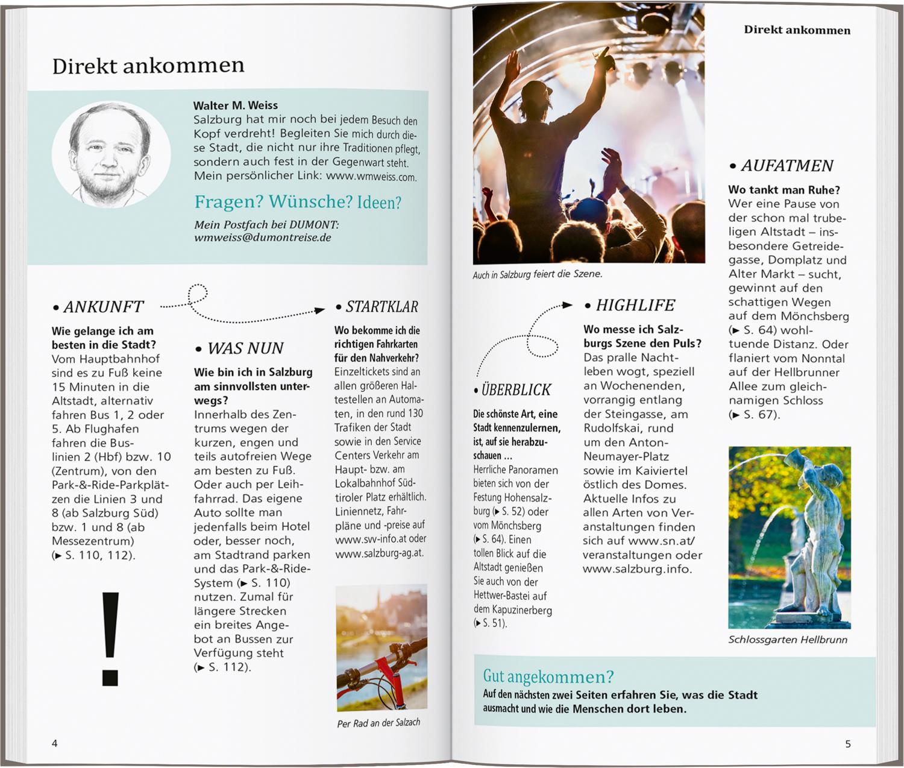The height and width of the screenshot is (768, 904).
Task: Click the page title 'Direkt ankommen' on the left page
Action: coord(148,66)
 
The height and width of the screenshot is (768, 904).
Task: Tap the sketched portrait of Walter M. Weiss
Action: coord(110,154)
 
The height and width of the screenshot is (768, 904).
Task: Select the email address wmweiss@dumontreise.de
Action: coord(263,238)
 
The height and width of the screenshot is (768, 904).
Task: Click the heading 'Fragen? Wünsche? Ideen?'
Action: coord(298,202)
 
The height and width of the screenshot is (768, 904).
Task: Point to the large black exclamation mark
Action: coord(110,639)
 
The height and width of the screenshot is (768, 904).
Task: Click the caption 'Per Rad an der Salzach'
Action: coord(378,723)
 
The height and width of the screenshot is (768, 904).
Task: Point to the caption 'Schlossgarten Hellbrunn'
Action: coord(788,640)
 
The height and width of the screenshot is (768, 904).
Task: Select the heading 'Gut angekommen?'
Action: coord(548,676)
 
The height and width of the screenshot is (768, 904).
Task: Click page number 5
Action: coord(848,744)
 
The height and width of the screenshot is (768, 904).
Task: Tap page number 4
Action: coord(55,743)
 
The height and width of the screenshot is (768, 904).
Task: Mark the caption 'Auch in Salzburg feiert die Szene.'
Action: coord(537,274)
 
